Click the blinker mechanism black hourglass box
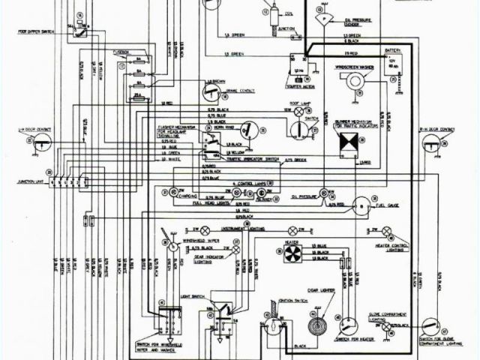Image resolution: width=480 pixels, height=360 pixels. coord(347,141)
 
